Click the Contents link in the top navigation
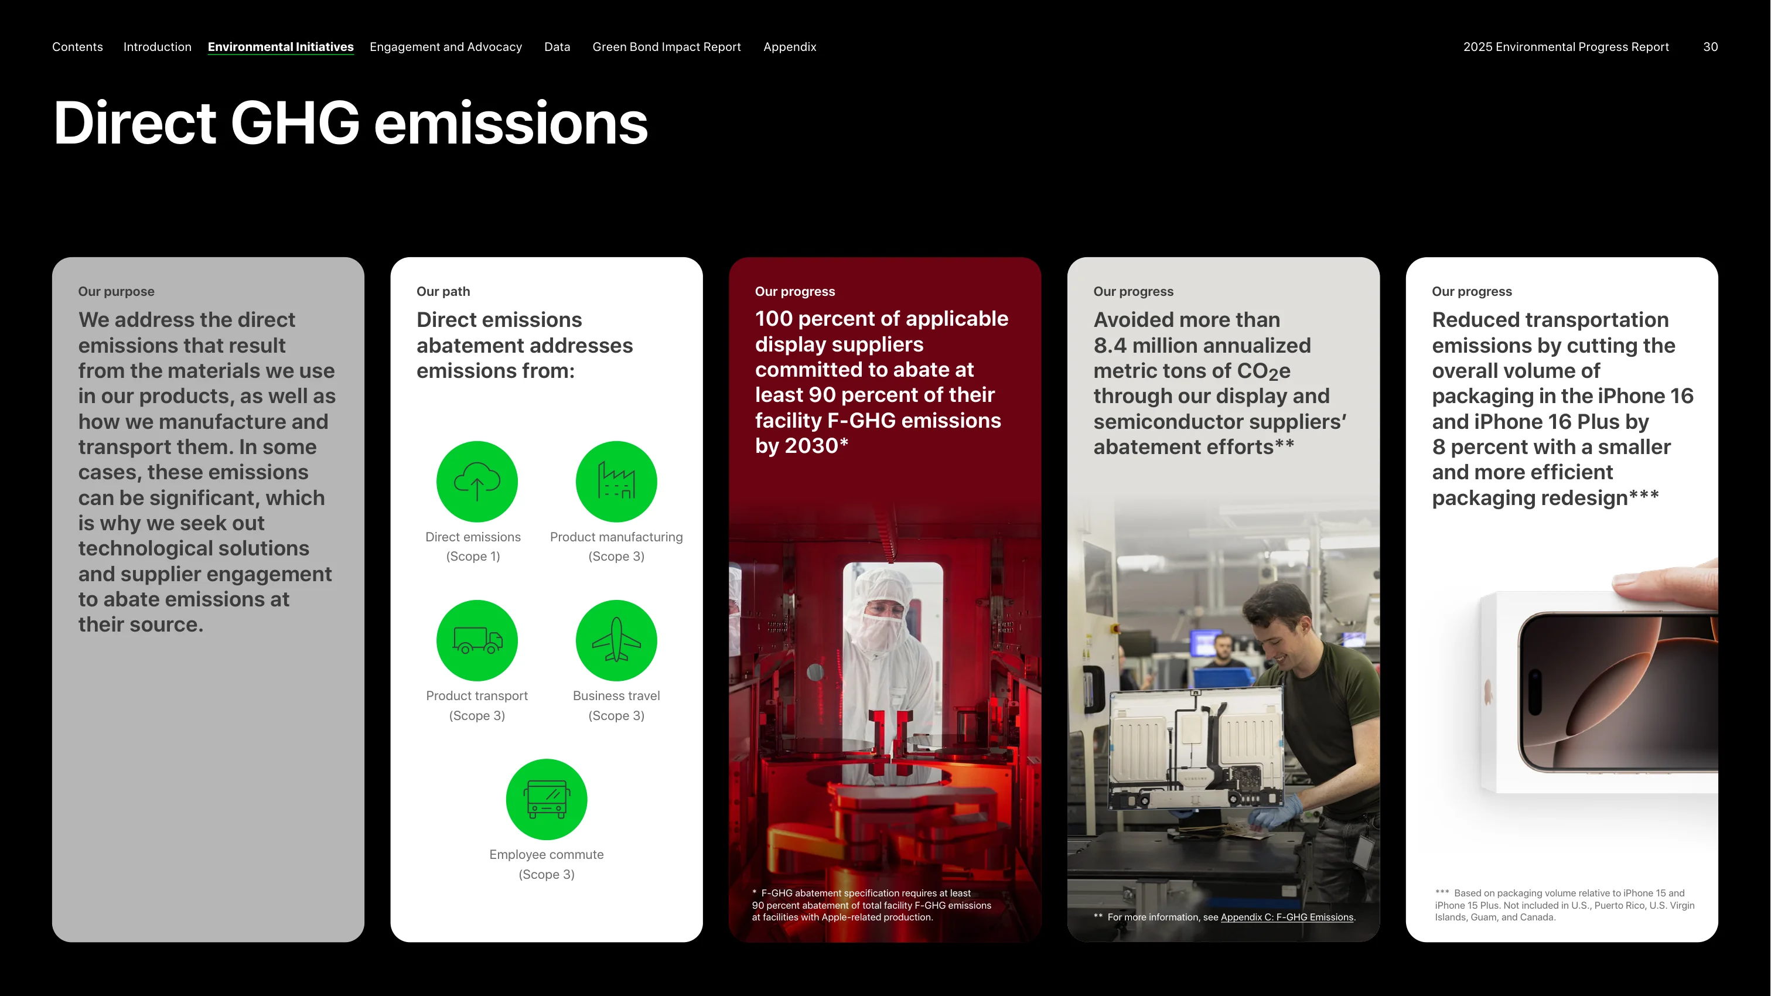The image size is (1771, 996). (77, 47)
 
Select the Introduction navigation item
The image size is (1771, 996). (158, 47)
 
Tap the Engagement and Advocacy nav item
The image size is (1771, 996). (445, 47)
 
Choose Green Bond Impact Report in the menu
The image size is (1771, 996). (666, 47)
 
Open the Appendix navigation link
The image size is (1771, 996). (789, 47)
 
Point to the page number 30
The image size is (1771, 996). (1711, 47)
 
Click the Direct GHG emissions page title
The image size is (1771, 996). (350, 123)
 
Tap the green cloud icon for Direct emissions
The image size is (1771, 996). (477, 481)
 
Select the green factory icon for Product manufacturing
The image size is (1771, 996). (616, 481)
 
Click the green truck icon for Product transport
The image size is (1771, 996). (477, 640)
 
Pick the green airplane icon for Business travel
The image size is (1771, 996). (616, 640)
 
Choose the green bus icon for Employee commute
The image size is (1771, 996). (547, 799)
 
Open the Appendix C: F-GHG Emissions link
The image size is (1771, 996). (1287, 917)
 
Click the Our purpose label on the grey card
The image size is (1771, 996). (116, 291)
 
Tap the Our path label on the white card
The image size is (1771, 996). (443, 291)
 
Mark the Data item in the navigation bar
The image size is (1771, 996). (557, 47)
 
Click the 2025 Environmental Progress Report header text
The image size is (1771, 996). (1565, 47)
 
